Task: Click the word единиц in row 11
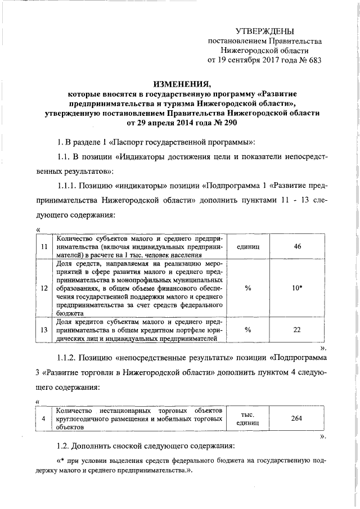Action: point(247,247)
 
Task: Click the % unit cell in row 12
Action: point(247,288)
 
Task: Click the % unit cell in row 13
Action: point(247,330)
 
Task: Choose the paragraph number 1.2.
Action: point(66,446)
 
